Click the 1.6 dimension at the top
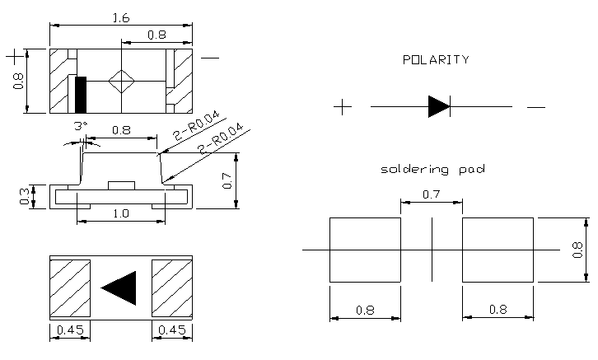tap(120, 16)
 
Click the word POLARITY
tap(436, 59)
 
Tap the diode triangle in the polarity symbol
tap(438, 106)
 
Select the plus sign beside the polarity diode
tap(343, 106)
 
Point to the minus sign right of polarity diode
tap(535, 107)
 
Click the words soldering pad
tap(432, 169)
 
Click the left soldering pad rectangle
tap(365, 249)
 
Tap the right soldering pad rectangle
tap(498, 249)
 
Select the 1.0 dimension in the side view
tap(119, 213)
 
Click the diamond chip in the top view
tap(121, 81)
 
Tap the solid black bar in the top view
tap(80, 94)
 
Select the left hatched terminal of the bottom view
tap(69, 288)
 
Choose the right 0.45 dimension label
tap(172, 330)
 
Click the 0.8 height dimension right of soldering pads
tap(577, 249)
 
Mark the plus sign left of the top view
tap(15, 56)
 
